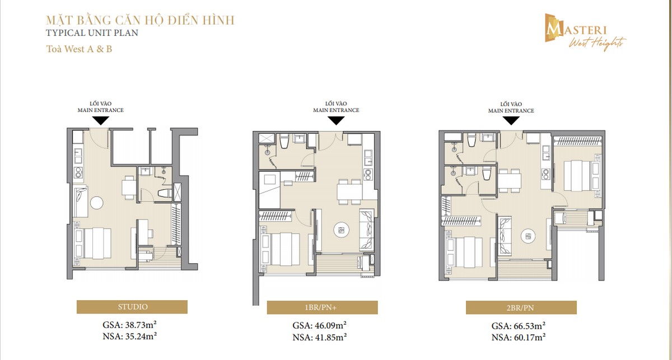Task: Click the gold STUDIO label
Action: tap(132, 307)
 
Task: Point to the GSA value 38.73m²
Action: tap(132, 324)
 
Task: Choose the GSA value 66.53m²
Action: tap(519, 325)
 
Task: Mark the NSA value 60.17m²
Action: tap(519, 337)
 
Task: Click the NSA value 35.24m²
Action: tap(132, 336)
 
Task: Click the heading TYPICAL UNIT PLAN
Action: tap(92, 32)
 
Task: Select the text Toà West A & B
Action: tap(79, 49)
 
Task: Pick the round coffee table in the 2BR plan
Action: tap(526, 236)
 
